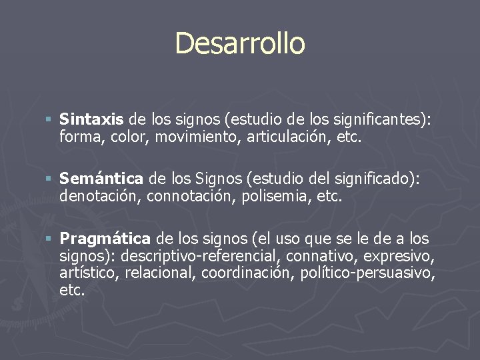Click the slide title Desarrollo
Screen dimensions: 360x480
click(x=240, y=43)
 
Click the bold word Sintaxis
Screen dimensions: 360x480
click(x=91, y=120)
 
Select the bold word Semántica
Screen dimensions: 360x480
click(x=101, y=179)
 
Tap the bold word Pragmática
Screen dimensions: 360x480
click(x=105, y=239)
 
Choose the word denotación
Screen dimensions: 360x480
click(x=100, y=196)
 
